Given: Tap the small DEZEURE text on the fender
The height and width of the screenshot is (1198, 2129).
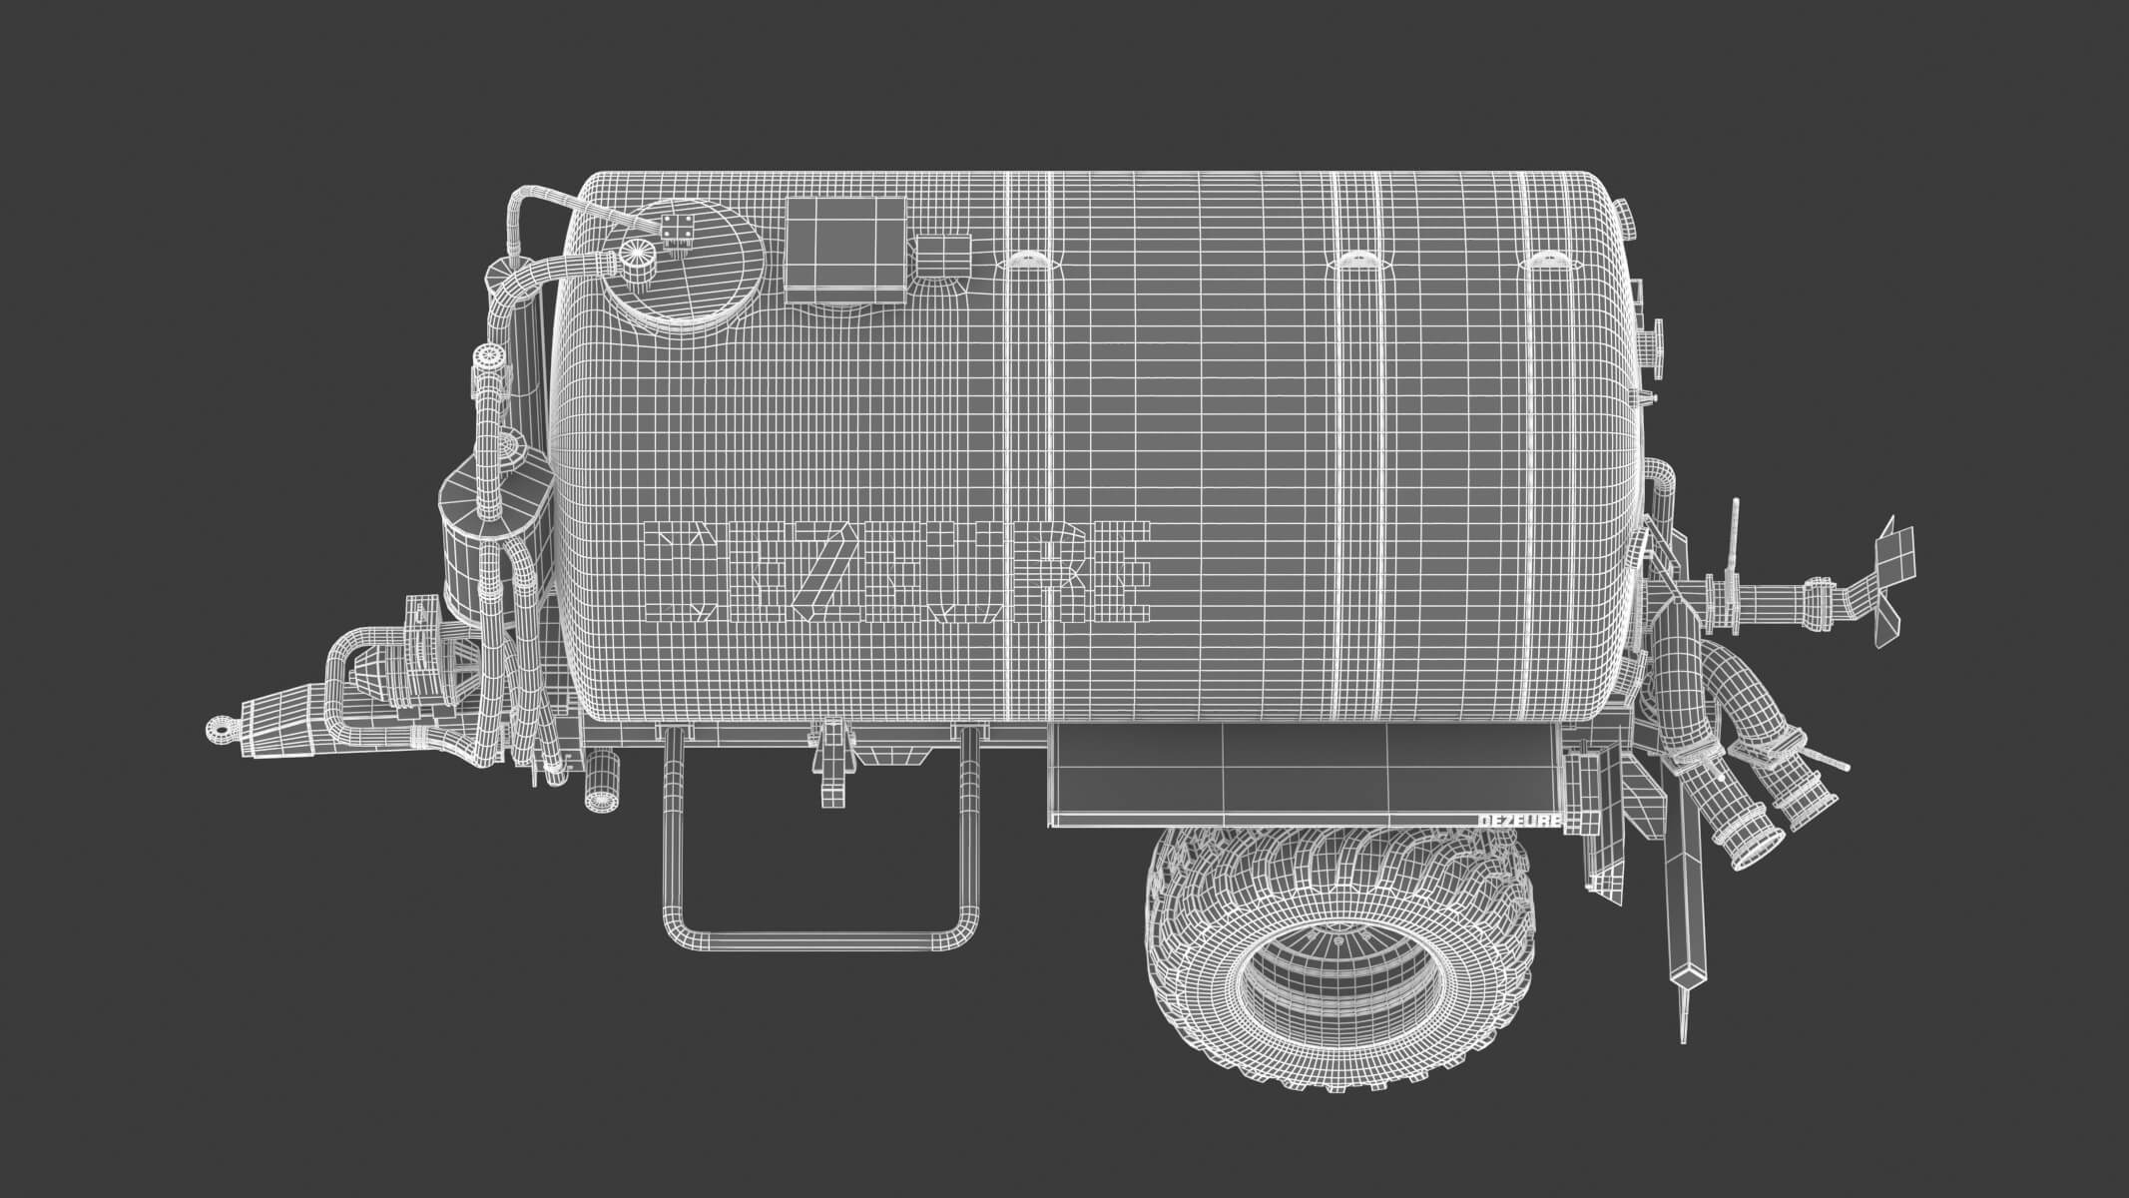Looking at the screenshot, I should point(1518,821).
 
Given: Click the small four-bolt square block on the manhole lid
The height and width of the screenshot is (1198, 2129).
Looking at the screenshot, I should point(680,231).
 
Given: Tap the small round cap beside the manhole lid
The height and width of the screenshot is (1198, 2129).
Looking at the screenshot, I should point(634,258).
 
